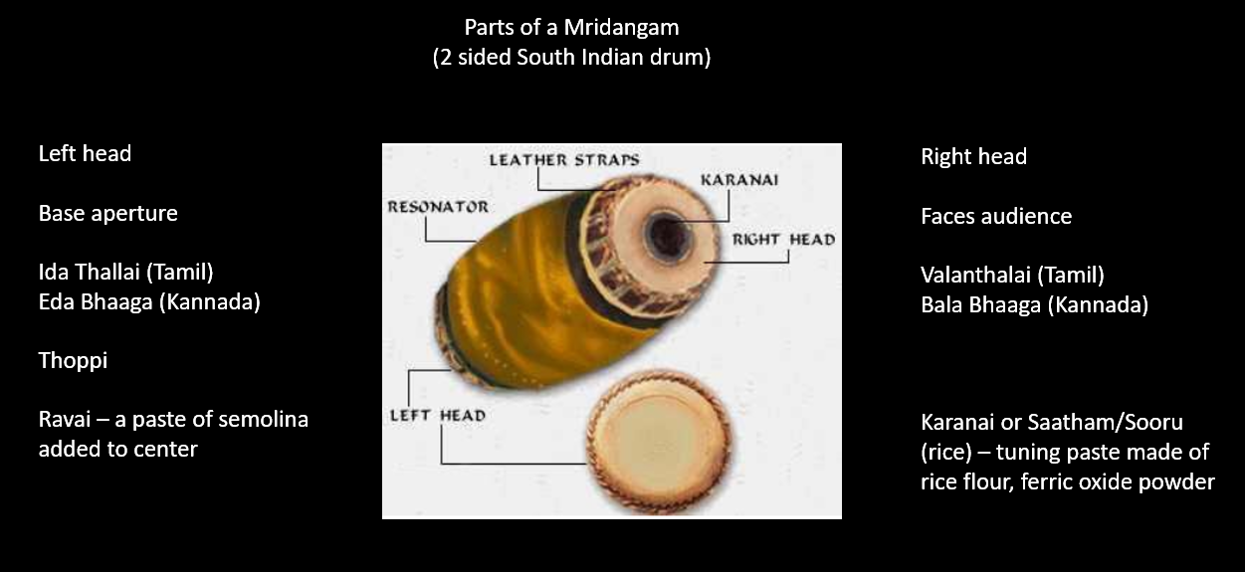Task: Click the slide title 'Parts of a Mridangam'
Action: click(571, 27)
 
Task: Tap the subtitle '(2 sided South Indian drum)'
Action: click(571, 57)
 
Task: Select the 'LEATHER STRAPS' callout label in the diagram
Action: click(563, 159)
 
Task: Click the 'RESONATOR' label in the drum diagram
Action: click(438, 207)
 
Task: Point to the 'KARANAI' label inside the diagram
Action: click(739, 180)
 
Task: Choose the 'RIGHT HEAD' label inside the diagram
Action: click(783, 239)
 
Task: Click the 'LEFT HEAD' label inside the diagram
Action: click(437, 415)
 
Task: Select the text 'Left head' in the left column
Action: click(85, 153)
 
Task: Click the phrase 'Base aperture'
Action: click(107, 213)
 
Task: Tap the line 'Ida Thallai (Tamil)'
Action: click(125, 272)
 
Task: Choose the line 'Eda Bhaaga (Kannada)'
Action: click(149, 301)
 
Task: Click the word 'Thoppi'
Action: click(73, 360)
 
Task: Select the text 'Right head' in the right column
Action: click(973, 156)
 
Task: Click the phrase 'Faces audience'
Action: click(996, 216)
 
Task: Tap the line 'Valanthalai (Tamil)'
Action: click(1012, 275)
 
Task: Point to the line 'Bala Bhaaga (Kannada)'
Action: click(1034, 304)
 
